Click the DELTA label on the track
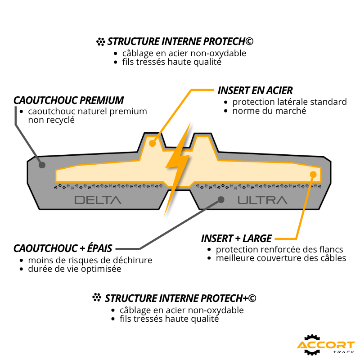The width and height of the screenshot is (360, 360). coord(98,200)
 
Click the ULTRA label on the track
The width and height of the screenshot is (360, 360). coord(262,200)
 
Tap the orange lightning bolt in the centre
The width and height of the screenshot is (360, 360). coord(177,169)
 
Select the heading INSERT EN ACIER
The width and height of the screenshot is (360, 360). coord(255,90)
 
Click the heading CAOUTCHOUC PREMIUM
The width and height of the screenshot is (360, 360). coord(68,100)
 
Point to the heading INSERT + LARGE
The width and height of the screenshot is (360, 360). coord(237,238)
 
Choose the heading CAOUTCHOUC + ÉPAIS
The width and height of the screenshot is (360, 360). coord(63,248)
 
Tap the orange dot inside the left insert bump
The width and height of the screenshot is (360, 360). coord(153,144)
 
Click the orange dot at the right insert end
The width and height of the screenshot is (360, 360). coord(313,175)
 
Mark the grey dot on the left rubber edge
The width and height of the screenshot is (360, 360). coord(42,165)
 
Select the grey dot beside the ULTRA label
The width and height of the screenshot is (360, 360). coord(221,200)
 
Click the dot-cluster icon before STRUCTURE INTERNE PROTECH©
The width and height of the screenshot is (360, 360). coord(100,41)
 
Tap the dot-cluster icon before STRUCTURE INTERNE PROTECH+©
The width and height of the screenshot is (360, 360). coord(97,297)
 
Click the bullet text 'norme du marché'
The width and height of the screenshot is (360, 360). coord(269,111)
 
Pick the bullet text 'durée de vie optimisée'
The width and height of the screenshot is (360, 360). coord(75,269)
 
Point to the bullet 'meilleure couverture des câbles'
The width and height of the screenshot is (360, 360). coord(281,258)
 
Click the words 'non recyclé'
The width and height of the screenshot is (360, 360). coord(51,120)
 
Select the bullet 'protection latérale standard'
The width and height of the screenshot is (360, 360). coord(289,102)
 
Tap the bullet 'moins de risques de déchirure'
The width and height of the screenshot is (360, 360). coord(90,261)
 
